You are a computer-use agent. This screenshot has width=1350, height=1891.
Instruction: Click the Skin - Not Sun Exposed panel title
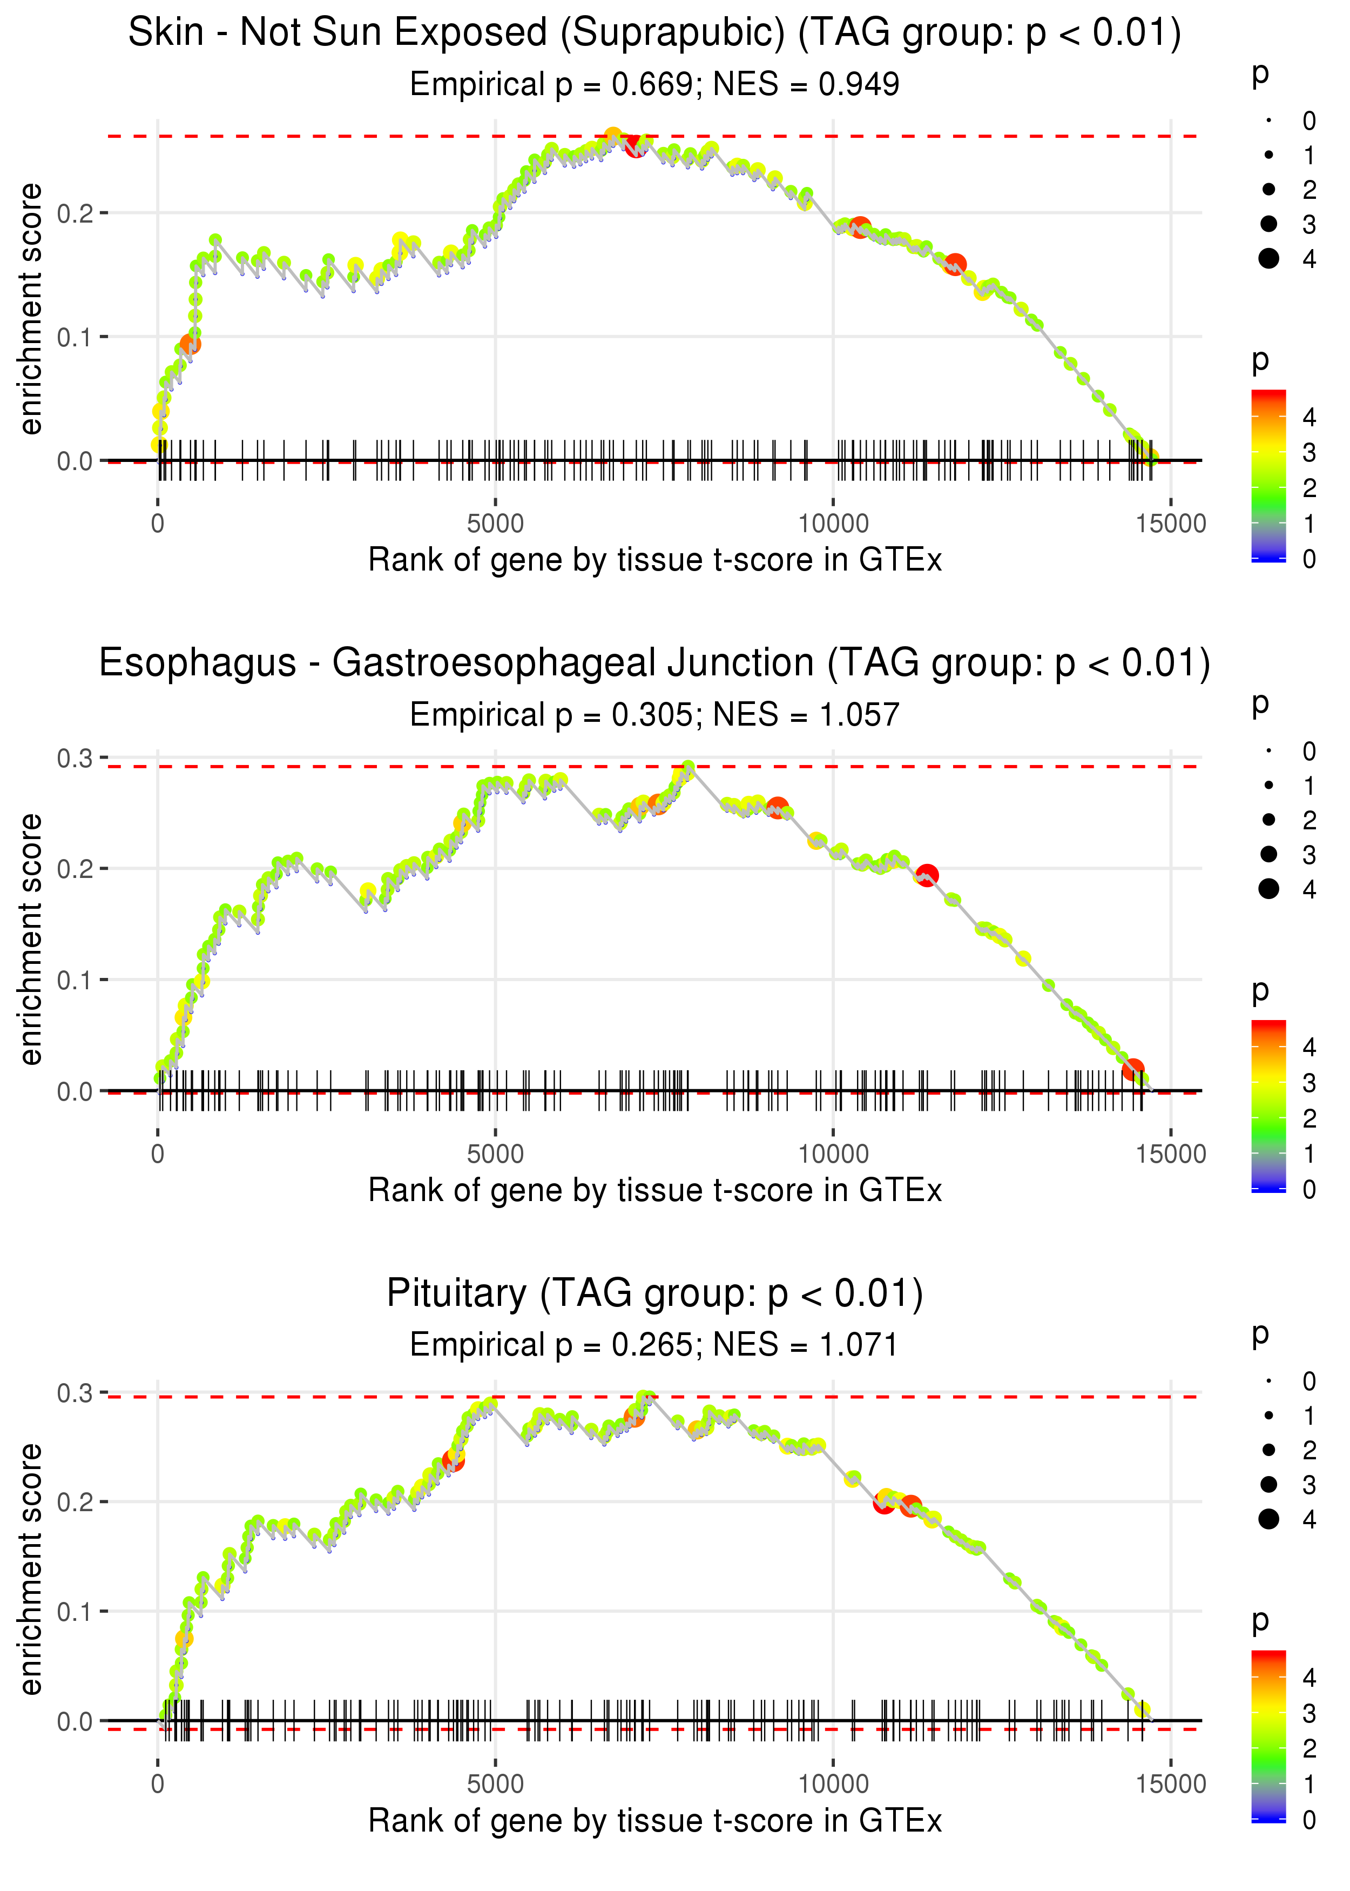coord(654,33)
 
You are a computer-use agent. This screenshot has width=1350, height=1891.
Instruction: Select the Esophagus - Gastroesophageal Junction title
coord(654,663)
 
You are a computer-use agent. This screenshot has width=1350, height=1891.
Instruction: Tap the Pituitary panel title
coord(654,1294)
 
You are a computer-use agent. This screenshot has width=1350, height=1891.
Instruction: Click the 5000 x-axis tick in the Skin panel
coord(495,524)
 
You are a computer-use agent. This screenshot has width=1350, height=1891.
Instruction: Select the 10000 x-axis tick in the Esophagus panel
coord(833,1154)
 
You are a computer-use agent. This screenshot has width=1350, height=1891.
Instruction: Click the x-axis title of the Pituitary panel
coord(654,1821)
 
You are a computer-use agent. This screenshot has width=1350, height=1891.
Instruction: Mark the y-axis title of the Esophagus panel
coord(31,939)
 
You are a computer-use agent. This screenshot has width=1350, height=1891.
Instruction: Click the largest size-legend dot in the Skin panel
coord(1268,259)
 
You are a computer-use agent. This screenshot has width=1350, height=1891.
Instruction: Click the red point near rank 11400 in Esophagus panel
coord(927,875)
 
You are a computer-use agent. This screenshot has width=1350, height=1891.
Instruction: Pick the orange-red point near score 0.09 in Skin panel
coord(191,344)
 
